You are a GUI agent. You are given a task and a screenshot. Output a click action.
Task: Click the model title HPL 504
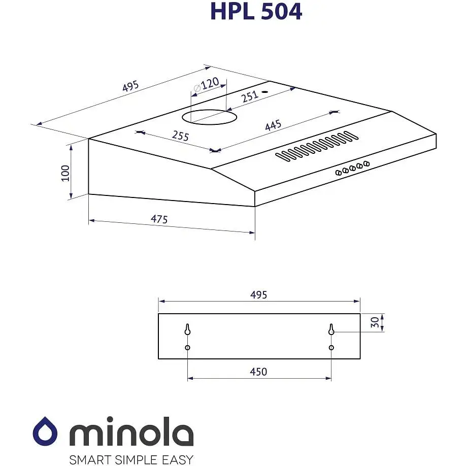(x=256, y=11)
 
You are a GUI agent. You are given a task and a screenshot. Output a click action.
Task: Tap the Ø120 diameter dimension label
(x=206, y=84)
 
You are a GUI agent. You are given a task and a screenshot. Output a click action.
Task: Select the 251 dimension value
(x=250, y=96)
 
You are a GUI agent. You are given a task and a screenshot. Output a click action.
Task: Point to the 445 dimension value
(x=273, y=125)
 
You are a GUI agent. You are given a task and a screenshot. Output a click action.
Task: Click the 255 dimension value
(x=180, y=136)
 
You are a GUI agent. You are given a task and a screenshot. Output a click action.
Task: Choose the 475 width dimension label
(x=159, y=219)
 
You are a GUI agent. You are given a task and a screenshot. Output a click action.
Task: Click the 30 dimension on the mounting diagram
(x=375, y=322)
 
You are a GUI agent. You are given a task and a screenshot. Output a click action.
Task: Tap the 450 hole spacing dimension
(x=258, y=372)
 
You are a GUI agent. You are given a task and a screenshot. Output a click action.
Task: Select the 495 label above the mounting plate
(x=258, y=295)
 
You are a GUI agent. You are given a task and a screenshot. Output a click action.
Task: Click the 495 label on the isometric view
(x=130, y=87)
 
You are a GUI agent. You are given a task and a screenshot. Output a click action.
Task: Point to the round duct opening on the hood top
(x=209, y=117)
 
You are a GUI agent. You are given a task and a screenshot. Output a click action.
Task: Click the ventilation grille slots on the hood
(x=317, y=146)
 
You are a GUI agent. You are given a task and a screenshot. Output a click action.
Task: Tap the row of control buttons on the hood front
(x=352, y=168)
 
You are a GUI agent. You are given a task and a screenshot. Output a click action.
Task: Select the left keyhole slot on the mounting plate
(x=187, y=329)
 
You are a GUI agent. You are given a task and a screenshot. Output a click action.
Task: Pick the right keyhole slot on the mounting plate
(x=331, y=329)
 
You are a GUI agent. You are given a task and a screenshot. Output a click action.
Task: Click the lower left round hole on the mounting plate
(x=188, y=348)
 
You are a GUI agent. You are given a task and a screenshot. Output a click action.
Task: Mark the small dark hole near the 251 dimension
(x=264, y=93)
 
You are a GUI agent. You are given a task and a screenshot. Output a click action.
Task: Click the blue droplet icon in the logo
(x=45, y=431)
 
